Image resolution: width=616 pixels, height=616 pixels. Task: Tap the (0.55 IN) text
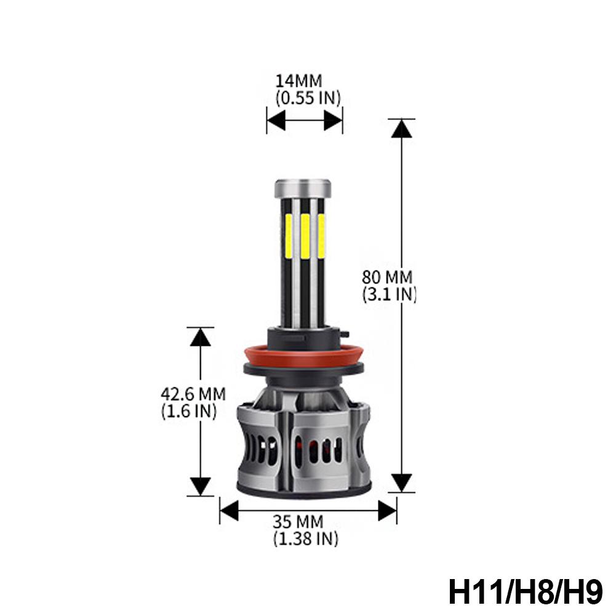308,97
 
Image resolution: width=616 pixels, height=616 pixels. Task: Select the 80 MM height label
387,278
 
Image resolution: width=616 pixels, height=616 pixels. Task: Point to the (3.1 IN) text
390,294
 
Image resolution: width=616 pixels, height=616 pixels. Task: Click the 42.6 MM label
193,393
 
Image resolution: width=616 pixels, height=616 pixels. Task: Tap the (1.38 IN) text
306,540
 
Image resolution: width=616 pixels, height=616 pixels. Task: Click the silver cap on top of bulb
303,188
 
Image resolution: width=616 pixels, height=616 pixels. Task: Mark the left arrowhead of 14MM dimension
276,121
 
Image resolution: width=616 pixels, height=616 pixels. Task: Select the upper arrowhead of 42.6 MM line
200,337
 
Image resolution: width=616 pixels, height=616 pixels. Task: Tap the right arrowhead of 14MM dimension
333,121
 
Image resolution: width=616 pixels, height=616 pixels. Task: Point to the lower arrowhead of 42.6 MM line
200,487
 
